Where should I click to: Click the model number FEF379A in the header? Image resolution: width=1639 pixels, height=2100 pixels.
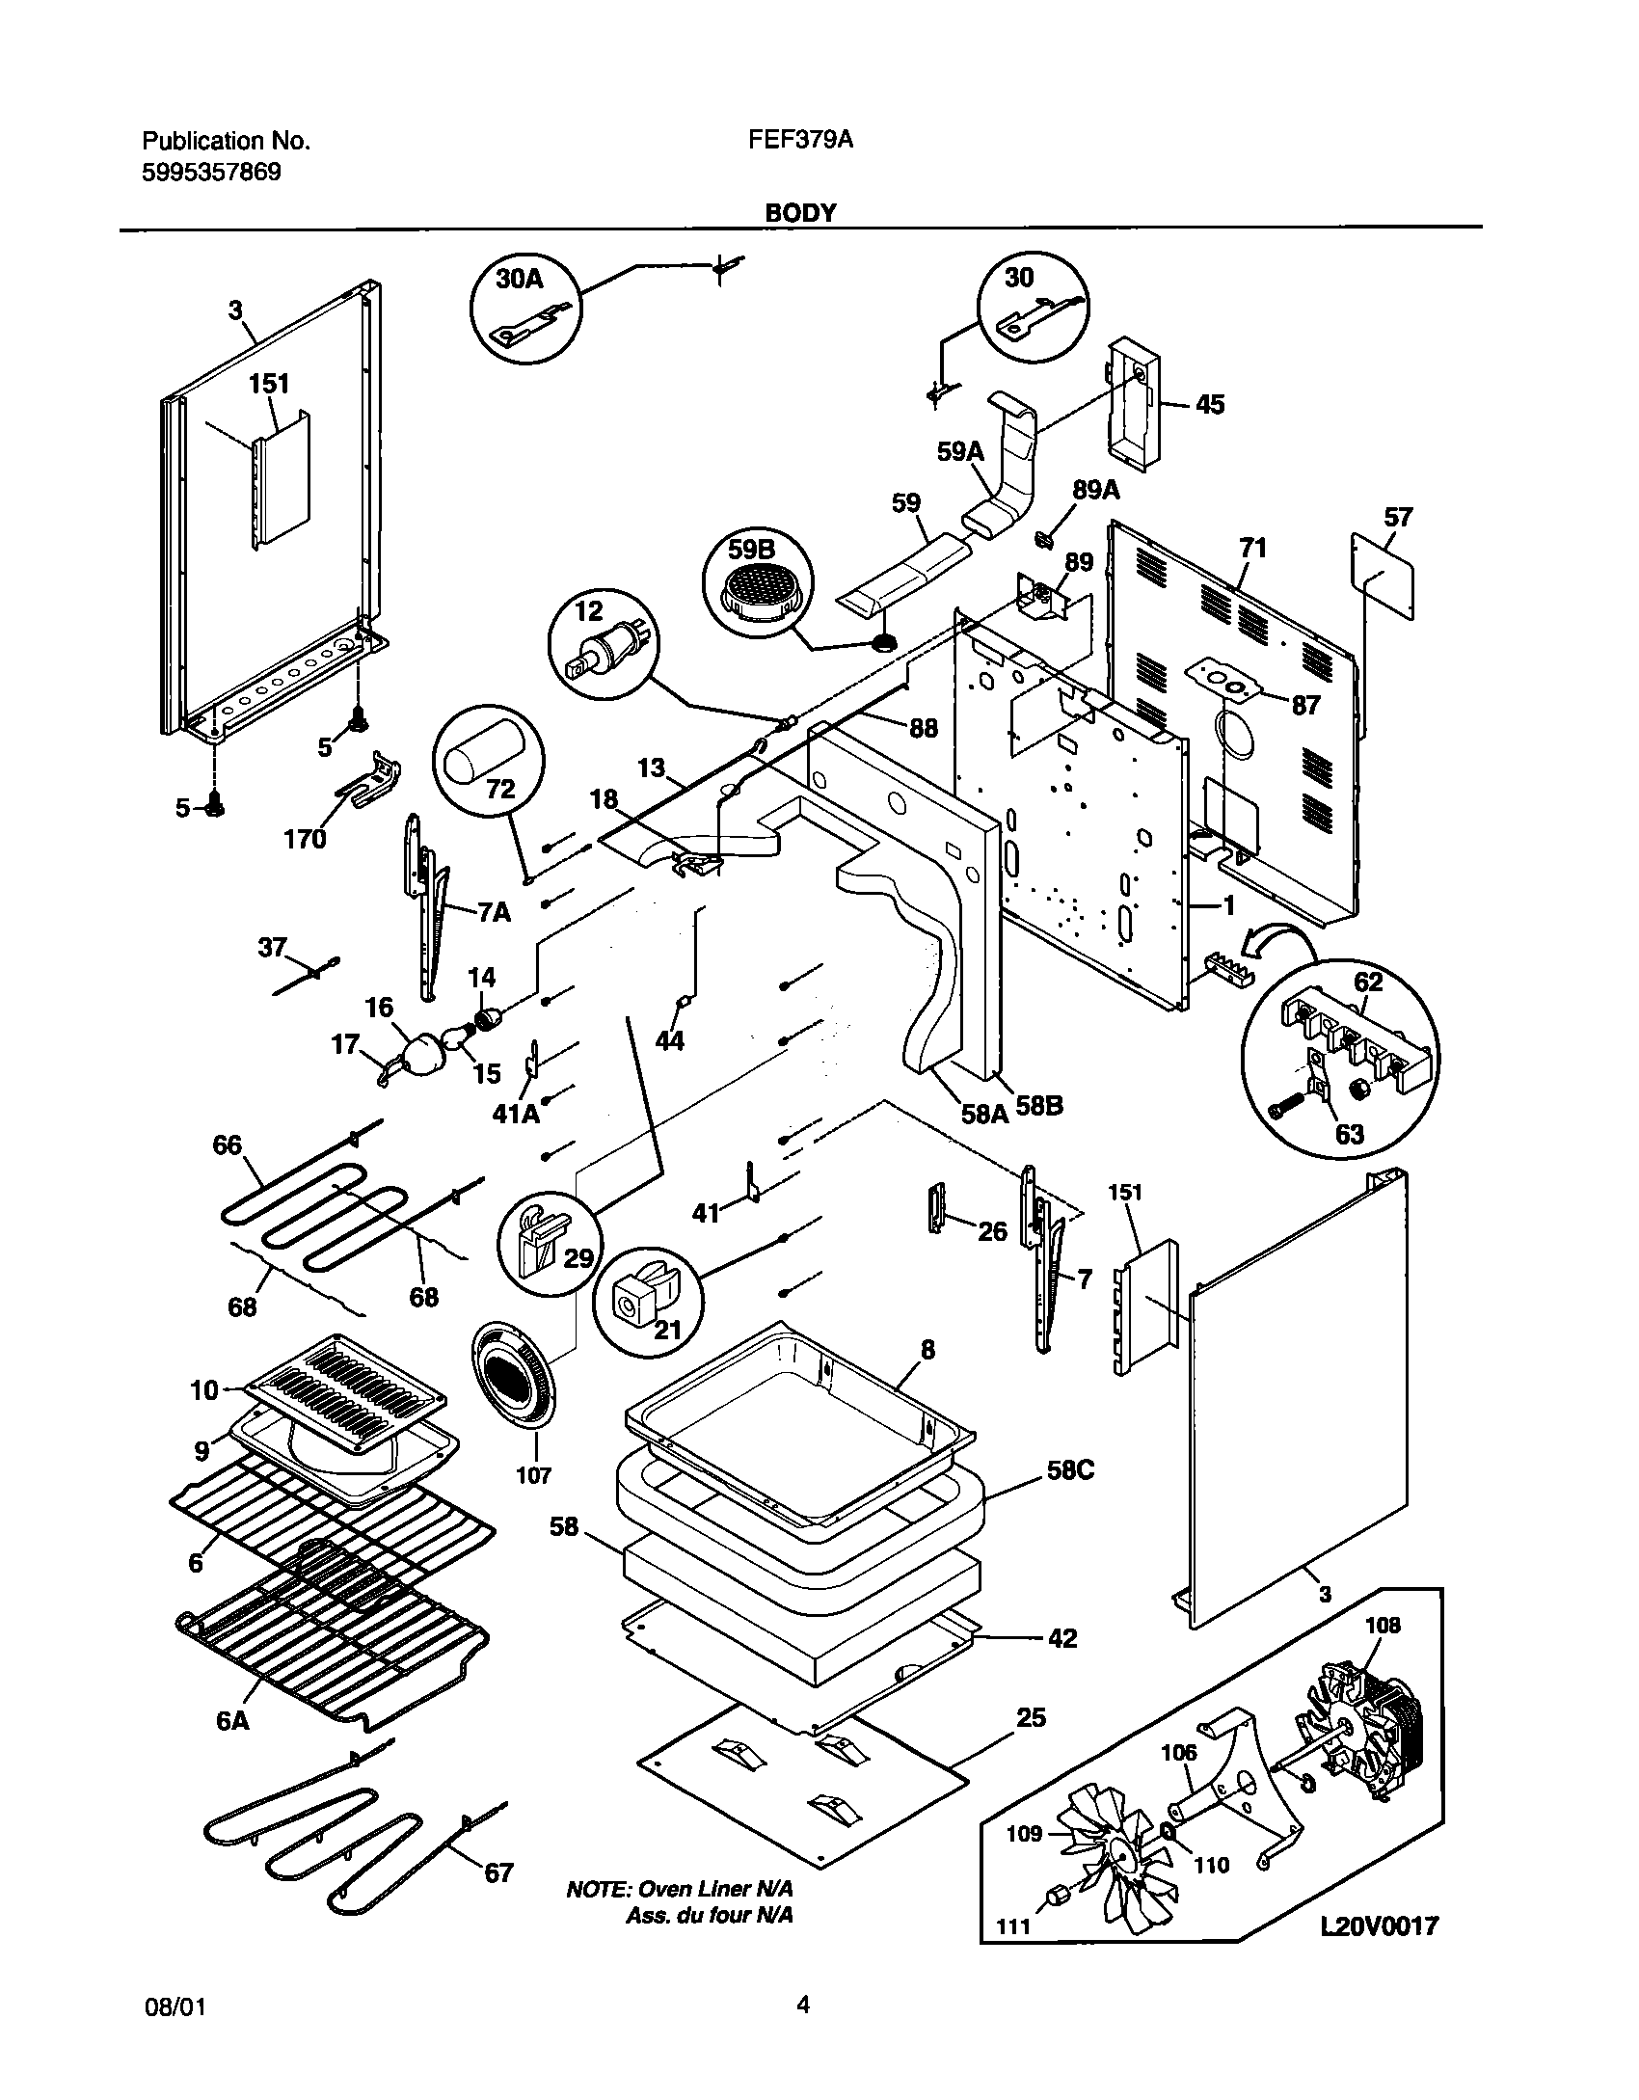[800, 141]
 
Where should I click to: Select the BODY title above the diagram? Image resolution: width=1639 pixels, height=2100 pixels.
[800, 213]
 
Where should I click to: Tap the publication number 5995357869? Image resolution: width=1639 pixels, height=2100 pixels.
[212, 174]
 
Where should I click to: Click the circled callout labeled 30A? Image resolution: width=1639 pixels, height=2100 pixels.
[526, 310]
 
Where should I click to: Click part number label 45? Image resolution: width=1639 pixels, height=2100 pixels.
[1210, 404]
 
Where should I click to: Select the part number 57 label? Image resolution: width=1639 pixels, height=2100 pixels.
[1398, 518]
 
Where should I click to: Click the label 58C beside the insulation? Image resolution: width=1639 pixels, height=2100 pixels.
[1070, 1471]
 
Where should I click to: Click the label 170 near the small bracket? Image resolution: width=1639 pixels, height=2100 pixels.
[305, 839]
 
